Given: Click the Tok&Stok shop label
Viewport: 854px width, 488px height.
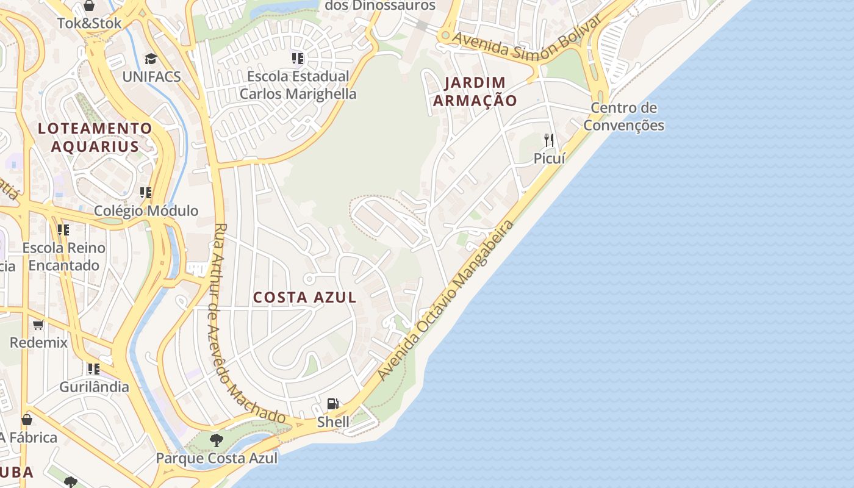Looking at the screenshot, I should pyautogui.click(x=90, y=23).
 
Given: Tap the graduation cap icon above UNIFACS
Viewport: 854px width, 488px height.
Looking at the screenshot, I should pyautogui.click(x=151, y=59).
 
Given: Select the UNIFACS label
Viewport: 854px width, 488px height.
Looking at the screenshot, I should pyautogui.click(x=152, y=76).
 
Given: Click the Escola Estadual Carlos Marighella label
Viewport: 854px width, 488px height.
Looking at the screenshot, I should pyautogui.click(x=298, y=85).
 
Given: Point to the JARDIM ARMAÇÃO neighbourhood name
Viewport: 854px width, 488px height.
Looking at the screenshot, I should pyautogui.click(x=475, y=91).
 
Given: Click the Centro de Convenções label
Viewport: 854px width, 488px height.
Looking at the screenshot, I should pyautogui.click(x=623, y=117).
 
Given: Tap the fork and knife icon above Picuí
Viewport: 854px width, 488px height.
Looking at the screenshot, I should pyautogui.click(x=549, y=140).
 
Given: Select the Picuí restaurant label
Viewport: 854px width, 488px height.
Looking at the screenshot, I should pyautogui.click(x=549, y=159).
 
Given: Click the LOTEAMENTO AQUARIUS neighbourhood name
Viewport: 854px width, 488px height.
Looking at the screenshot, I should pyautogui.click(x=95, y=137).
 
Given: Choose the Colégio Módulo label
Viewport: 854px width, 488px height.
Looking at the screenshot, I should pyautogui.click(x=146, y=211).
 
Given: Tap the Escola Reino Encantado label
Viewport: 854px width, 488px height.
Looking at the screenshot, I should pyautogui.click(x=63, y=257).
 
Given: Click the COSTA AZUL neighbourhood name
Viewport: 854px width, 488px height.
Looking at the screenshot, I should pyautogui.click(x=304, y=298).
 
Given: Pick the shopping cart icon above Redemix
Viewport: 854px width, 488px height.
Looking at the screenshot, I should pyautogui.click(x=38, y=325).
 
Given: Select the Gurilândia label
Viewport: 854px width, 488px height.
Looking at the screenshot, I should pyautogui.click(x=94, y=387).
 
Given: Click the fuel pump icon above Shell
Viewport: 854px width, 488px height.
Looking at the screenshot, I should pyautogui.click(x=332, y=403).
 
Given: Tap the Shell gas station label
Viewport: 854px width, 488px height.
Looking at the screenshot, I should pyautogui.click(x=333, y=422).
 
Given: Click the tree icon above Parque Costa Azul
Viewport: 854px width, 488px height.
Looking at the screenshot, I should pyautogui.click(x=216, y=440).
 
